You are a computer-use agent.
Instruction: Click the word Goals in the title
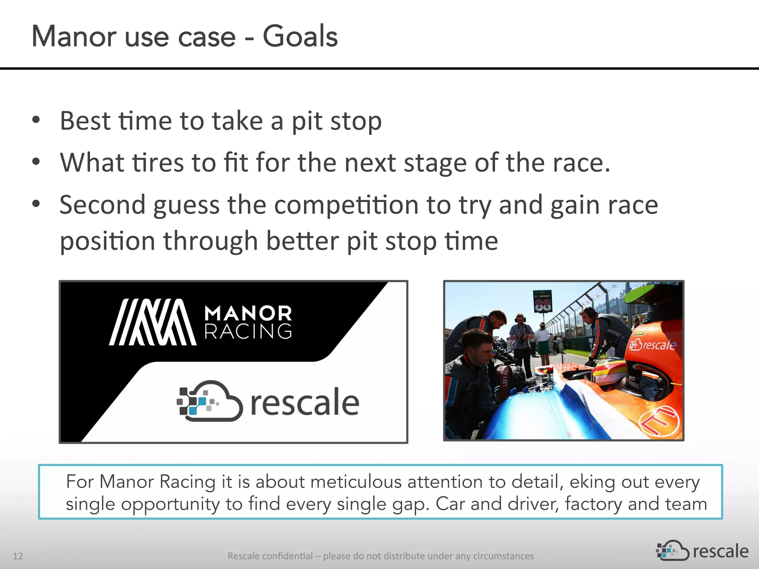point(300,36)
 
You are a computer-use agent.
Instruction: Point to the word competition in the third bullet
point(346,205)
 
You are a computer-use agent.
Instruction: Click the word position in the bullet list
point(107,241)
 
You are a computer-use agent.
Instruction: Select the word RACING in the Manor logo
point(248,331)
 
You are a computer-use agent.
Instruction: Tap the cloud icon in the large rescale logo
point(210,402)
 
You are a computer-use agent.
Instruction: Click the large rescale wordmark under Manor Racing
point(305,403)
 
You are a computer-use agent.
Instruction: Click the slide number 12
point(18,556)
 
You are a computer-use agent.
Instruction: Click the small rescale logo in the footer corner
point(702,551)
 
